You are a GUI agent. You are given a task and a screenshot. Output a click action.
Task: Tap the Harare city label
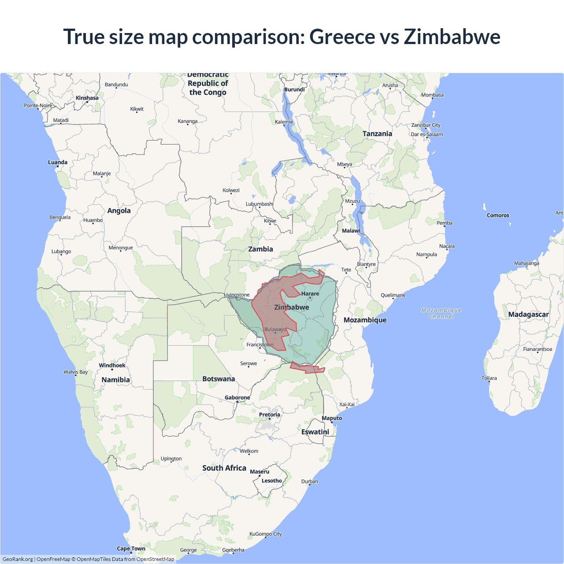click(310, 293)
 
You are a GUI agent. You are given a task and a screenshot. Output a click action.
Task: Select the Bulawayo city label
click(275, 329)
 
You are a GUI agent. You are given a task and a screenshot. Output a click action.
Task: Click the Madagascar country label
click(528, 314)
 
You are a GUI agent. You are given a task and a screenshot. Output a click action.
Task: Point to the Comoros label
click(498, 215)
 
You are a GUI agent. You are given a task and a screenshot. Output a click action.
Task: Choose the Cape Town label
click(131, 549)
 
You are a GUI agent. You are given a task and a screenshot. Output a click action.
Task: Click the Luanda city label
click(58, 162)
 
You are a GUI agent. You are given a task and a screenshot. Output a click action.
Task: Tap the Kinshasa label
click(87, 98)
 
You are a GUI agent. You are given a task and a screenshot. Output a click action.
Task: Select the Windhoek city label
click(112, 365)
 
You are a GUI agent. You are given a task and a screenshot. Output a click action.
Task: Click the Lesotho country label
click(272, 481)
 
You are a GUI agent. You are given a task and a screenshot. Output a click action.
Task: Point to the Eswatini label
click(315, 432)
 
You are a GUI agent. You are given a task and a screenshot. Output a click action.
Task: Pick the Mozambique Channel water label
click(441, 313)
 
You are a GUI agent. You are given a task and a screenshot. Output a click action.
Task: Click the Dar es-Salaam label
click(427, 134)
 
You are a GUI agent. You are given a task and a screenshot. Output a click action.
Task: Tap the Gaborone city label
click(237, 397)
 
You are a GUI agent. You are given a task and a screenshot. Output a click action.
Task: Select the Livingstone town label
click(237, 295)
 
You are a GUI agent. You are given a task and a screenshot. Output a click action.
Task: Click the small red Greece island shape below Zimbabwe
click(307, 368)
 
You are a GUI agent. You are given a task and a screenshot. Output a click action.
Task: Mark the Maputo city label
click(332, 418)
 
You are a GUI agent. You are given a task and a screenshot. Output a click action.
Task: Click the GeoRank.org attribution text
click(18, 559)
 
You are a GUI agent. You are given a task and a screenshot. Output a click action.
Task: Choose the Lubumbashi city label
click(260, 204)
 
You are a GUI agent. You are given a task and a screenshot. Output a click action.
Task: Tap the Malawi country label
click(351, 230)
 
